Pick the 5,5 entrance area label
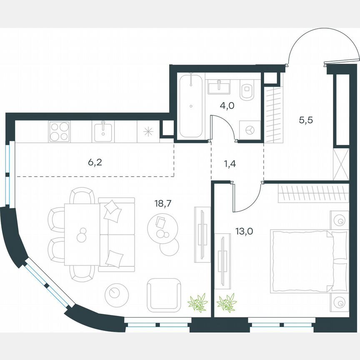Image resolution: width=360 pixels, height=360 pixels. pos(305,120)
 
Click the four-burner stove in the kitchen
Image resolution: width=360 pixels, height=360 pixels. pos(59,131)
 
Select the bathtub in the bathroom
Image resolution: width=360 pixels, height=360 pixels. pos(191,106)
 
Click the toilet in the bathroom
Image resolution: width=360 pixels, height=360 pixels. pos(248,90)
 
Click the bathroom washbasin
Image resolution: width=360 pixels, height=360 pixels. pos(219,87)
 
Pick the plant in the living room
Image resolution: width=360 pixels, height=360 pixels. pos(197,303)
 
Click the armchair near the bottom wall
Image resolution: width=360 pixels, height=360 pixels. pos(164,295)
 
